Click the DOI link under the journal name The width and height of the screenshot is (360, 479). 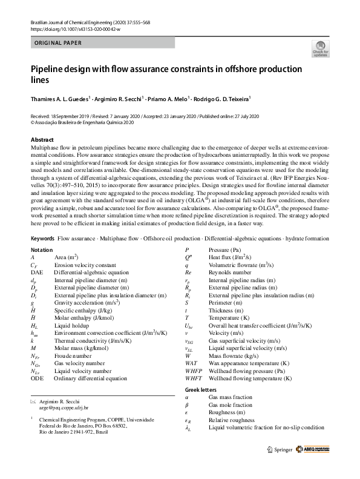pyautogui.click(x=75, y=29)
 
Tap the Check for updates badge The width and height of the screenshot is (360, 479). pyautogui.click(x=319, y=49)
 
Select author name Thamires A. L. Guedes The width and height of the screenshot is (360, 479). pyautogui.click(x=59, y=98)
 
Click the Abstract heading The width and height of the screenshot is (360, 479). pyautogui.click(x=42, y=139)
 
